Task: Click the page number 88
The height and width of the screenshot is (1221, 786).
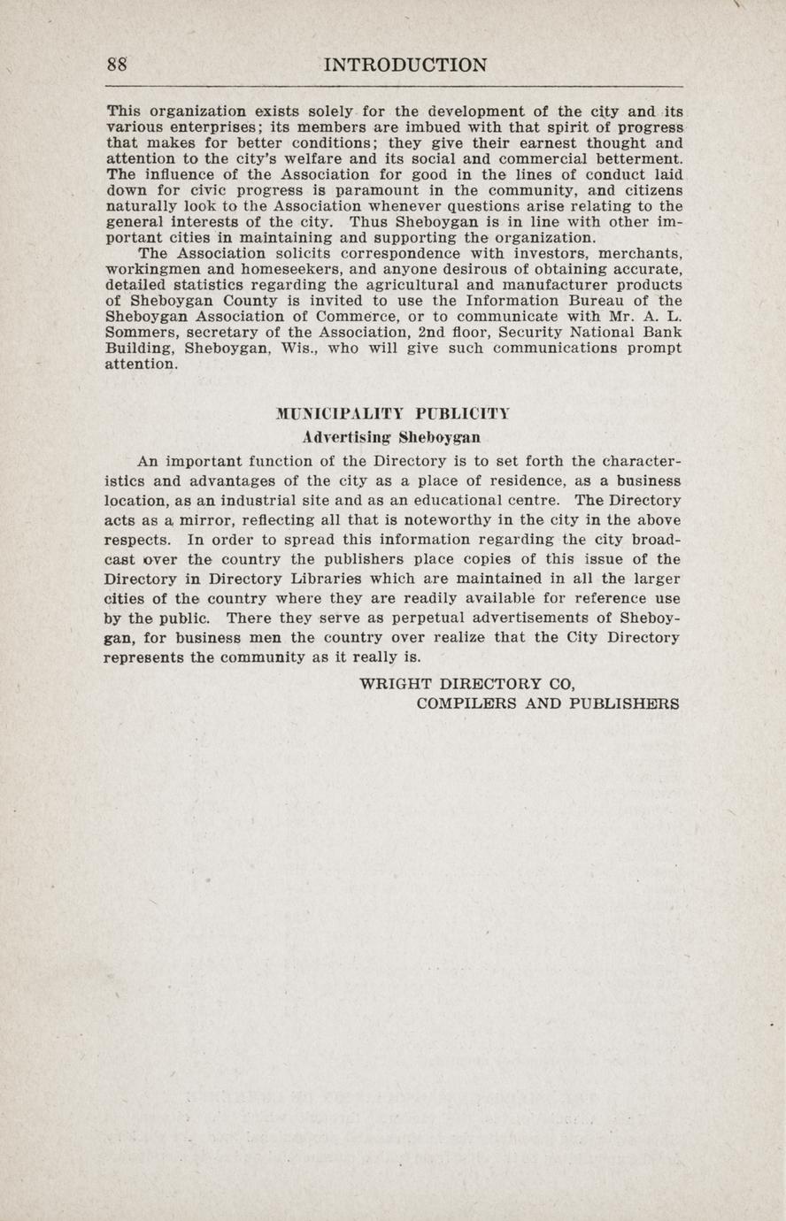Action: click(x=118, y=65)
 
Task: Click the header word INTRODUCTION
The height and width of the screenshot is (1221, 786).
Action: click(x=405, y=65)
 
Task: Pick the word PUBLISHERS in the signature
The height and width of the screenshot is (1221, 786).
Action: click(x=626, y=704)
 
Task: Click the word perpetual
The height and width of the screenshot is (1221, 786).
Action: click(x=419, y=618)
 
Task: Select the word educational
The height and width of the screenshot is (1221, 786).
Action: click(x=455, y=501)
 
